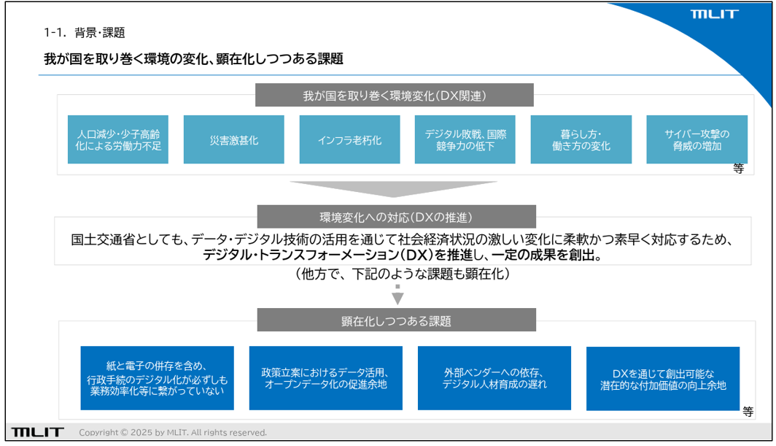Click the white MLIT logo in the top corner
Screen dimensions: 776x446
pos(714,14)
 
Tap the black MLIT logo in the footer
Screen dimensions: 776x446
pos(38,432)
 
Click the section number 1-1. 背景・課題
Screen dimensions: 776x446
pos(85,33)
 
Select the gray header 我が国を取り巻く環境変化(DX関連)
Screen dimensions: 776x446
pos(395,95)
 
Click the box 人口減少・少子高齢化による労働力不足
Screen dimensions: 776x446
pos(118,139)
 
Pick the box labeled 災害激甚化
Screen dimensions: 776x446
pos(233,139)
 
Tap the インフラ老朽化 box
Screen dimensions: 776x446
pos(349,139)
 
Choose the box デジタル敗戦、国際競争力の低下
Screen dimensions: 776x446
pos(465,139)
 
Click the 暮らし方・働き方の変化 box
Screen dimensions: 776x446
pos(581,139)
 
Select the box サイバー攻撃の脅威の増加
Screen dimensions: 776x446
pos(697,139)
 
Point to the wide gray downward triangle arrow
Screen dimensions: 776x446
pos(394,188)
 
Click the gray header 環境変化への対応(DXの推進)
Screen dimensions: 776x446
pos(397,217)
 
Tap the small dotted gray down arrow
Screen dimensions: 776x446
pos(397,295)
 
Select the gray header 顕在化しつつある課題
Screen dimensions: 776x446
pos(397,320)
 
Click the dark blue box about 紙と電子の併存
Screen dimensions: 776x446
pos(158,378)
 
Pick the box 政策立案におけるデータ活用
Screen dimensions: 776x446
pos(325,378)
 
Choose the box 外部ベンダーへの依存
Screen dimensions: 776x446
pos(494,378)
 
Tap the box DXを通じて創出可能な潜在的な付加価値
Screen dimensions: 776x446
pos(663,379)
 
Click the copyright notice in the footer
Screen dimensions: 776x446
pos(173,433)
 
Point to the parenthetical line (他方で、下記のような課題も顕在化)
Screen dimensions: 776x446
pos(402,274)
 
